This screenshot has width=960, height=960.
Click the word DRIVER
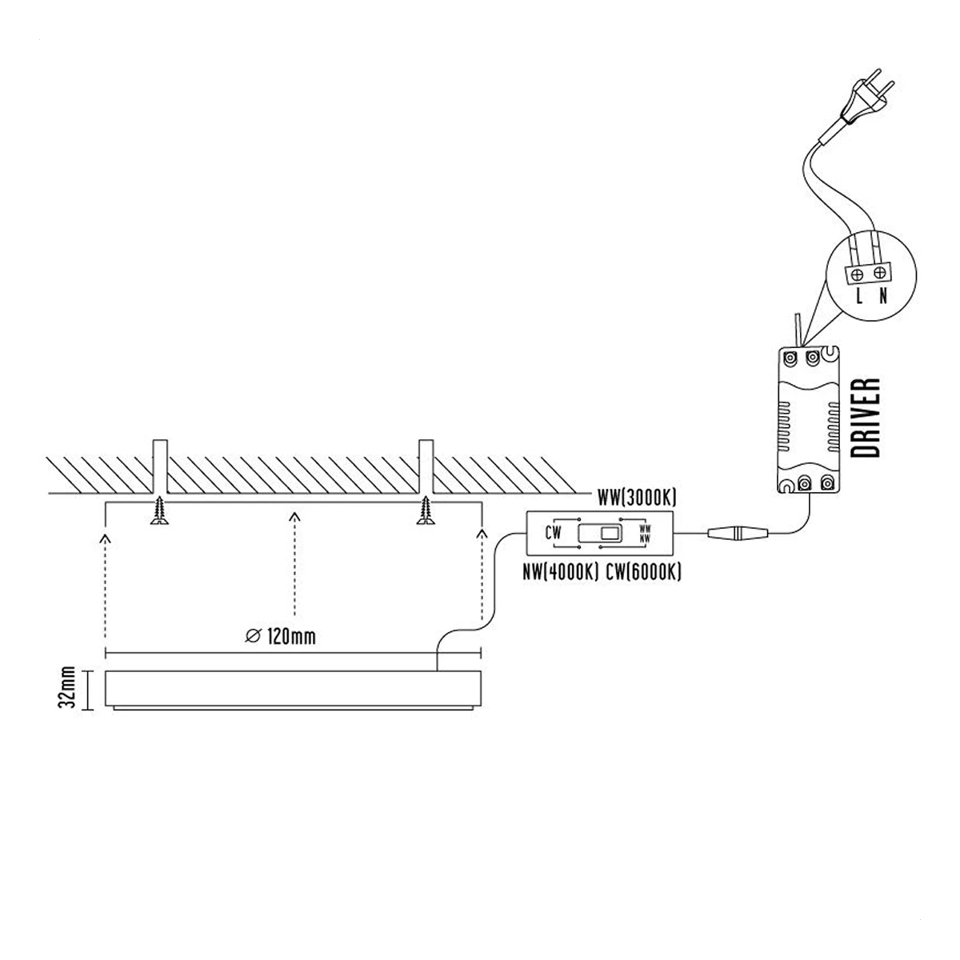(x=866, y=418)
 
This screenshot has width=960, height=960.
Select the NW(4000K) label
(x=561, y=574)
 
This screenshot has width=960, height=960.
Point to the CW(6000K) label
(x=643, y=574)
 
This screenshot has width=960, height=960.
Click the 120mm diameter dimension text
(x=281, y=637)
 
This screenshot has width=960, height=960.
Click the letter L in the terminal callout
(x=859, y=297)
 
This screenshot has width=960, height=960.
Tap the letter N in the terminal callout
(x=883, y=297)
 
